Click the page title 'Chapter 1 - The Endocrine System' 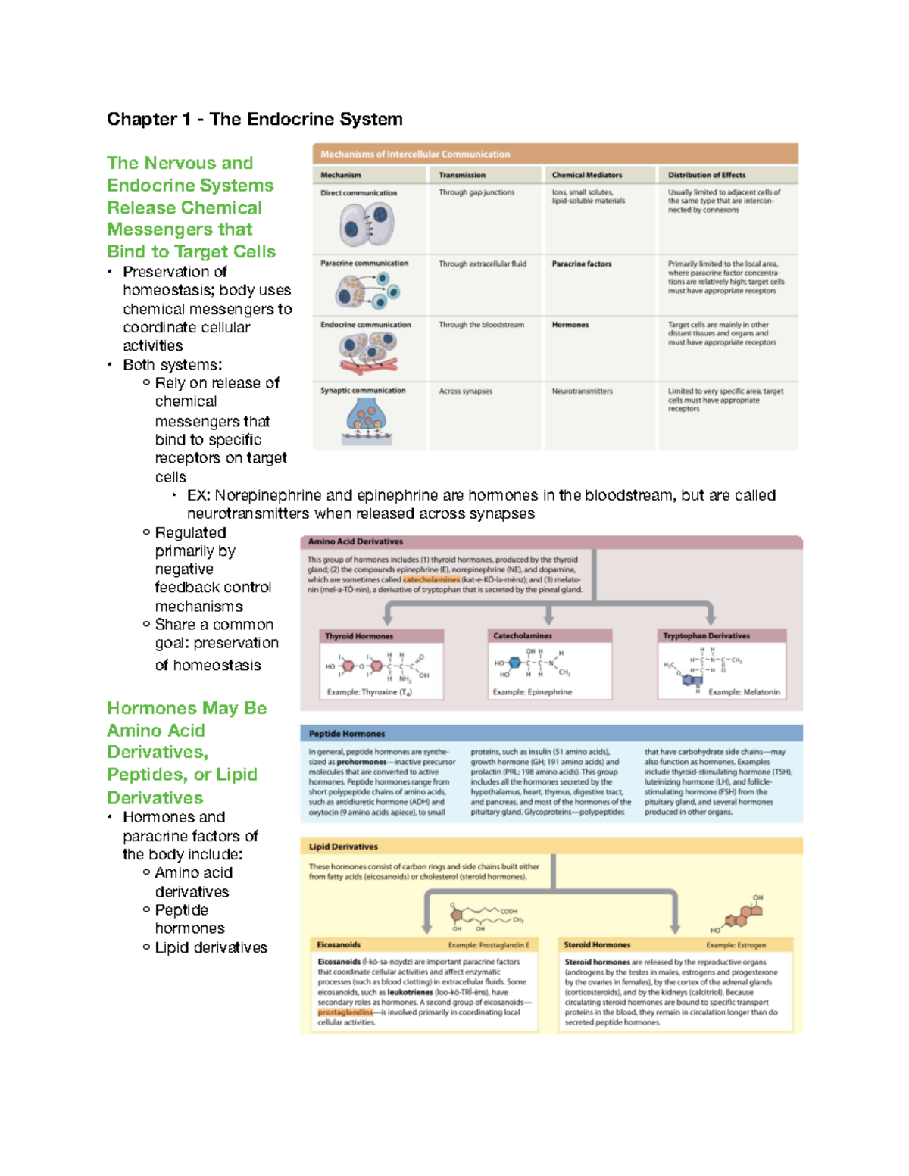click(255, 120)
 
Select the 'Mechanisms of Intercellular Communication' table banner click(415, 154)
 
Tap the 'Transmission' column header click(462, 175)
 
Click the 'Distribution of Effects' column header click(706, 175)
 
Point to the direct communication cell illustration click(367, 224)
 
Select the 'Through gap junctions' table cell click(476, 193)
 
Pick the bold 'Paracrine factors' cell click(581, 264)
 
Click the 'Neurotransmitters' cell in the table click(582, 391)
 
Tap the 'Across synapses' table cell click(465, 391)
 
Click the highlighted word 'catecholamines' click(431, 580)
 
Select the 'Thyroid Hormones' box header click(359, 636)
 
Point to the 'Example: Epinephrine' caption click(532, 692)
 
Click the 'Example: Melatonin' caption click(744, 692)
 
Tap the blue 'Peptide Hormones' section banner click(347, 734)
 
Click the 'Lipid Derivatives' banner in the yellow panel click(343, 847)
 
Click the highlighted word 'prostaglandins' click(345, 1012)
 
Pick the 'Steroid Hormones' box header click(597, 945)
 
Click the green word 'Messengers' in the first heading click(180, 229)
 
